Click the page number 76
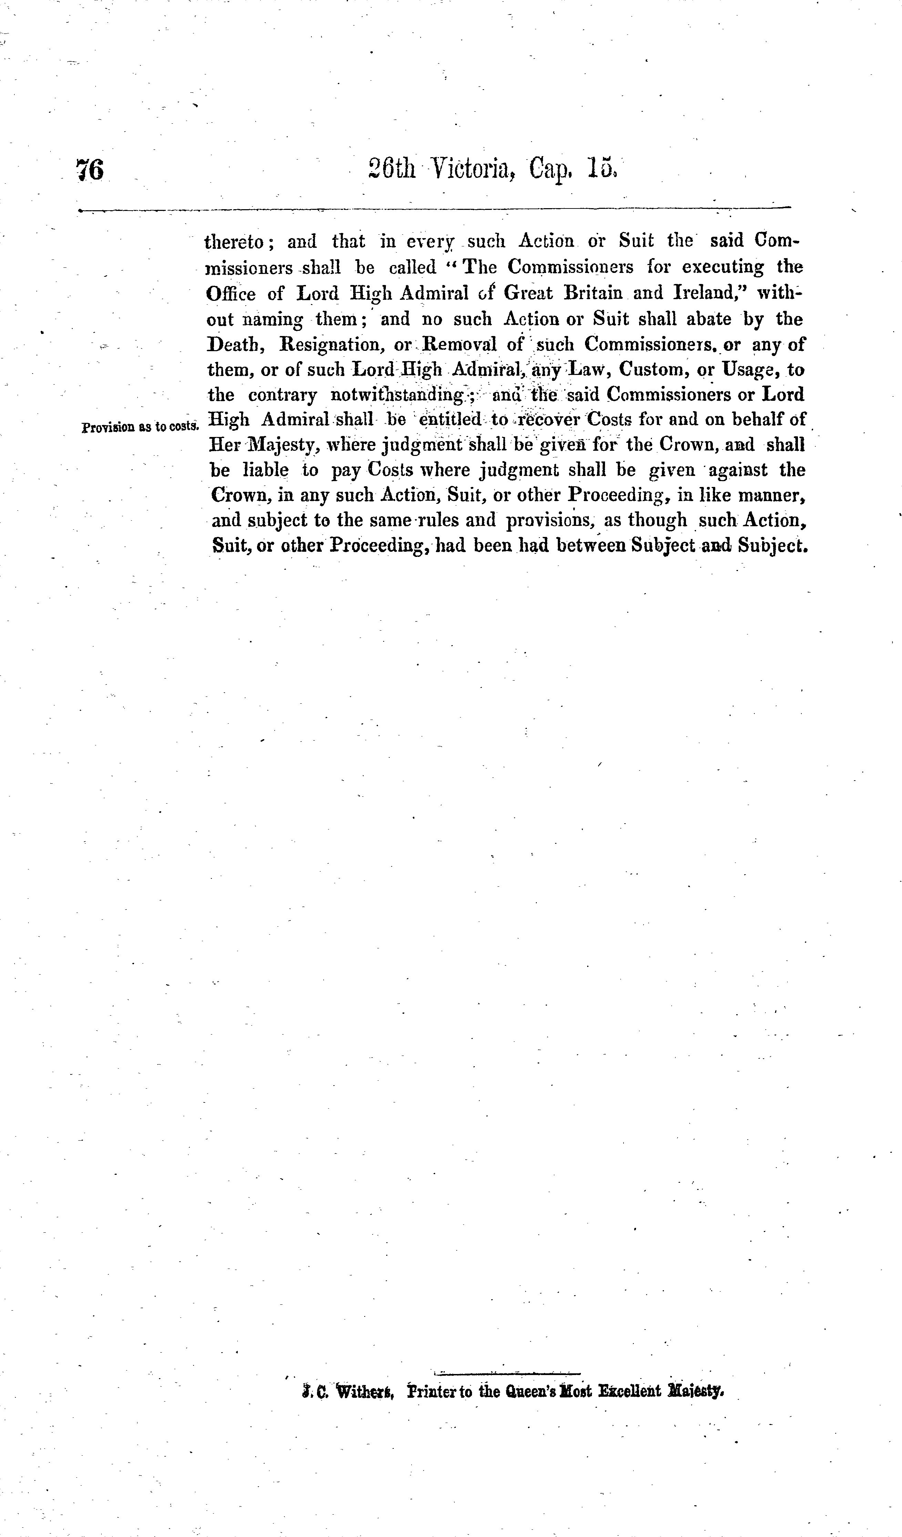pyautogui.click(x=90, y=170)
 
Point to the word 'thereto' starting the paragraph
pyautogui.click(x=235, y=242)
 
